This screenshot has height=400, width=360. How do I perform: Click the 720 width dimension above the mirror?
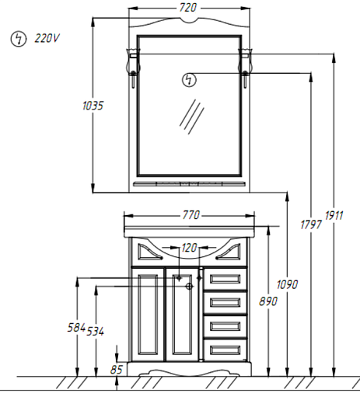point(188,8)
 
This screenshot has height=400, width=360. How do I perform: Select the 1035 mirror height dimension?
point(93,106)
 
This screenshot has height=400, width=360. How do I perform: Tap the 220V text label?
point(47,38)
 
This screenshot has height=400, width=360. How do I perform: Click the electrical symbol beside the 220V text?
point(19,39)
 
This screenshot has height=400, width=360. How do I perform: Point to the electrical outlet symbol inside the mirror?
point(189,80)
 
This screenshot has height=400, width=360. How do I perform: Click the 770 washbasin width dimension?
point(191,215)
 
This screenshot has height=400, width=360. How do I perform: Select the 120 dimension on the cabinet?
point(189,248)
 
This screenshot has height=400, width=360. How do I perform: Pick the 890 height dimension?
point(268,301)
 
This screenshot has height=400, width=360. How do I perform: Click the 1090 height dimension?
point(287,284)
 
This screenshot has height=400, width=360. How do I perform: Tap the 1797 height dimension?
point(311,224)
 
